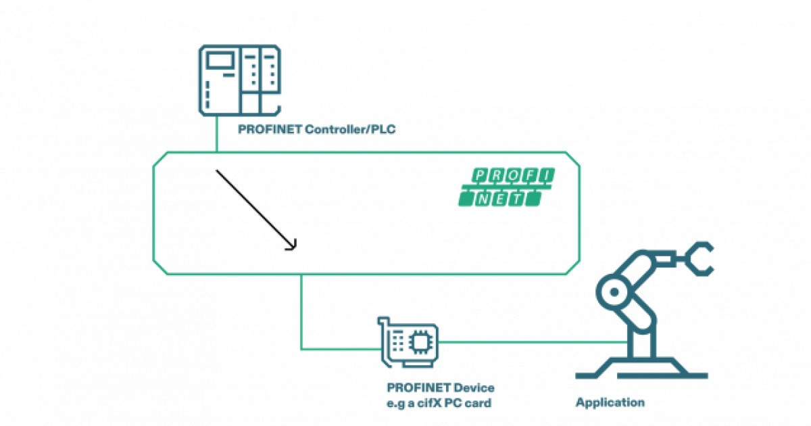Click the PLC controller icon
click(x=239, y=80)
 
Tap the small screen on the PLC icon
click(x=219, y=61)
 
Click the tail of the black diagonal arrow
click(x=218, y=172)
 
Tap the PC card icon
click(x=407, y=343)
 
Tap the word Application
click(x=610, y=402)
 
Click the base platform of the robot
click(x=639, y=371)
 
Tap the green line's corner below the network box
click(x=301, y=349)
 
